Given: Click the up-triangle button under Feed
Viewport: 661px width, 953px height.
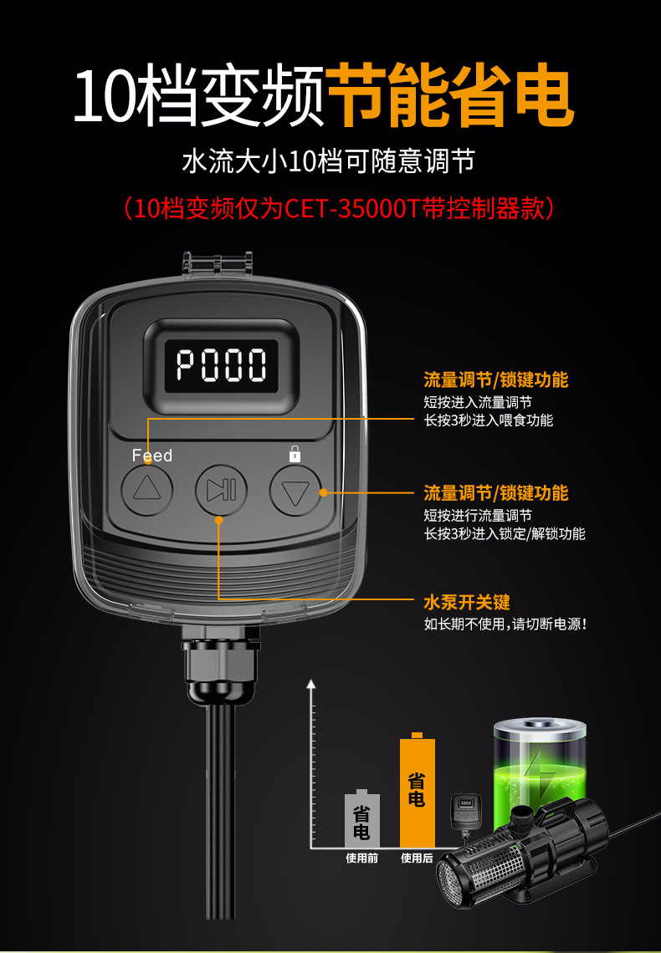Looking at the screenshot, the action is pos(147,489).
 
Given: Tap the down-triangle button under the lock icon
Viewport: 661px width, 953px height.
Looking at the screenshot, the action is pos(295,490).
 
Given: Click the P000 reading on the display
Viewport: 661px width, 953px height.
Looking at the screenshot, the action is pos(222,365).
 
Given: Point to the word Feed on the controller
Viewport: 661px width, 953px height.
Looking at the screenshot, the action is pos(152,456).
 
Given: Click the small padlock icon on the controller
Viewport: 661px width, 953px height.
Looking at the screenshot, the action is pos(295,454).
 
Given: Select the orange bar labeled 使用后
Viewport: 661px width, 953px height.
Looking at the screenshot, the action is pos(418,789).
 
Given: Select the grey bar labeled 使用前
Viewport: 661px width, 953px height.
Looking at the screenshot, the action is pos(361,818).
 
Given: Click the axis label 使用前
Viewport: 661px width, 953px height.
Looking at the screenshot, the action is pos(361,859).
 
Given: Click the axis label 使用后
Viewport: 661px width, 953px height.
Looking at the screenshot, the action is pos(418,859).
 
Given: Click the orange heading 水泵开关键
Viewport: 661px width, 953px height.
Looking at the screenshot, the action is pos(466,602).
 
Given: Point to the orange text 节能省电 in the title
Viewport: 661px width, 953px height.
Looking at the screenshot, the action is pos(450,97).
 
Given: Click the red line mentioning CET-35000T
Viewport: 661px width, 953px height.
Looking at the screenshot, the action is pos(339,208).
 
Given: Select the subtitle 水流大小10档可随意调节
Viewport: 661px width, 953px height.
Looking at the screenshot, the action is pos(328,161).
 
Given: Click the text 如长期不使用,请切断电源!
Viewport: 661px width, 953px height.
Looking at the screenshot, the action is pos(505,624).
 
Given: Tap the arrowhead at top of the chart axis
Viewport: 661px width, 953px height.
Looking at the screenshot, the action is pos(311,685).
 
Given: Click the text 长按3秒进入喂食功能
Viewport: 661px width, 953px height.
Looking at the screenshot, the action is pos(489,420).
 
